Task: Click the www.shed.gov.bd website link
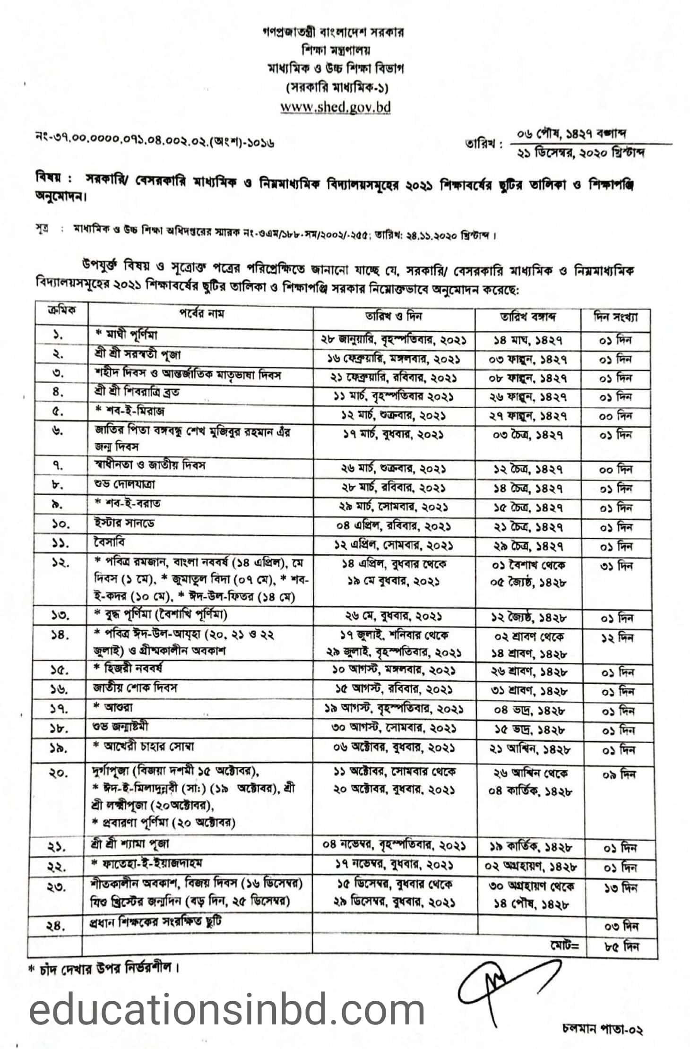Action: point(335,107)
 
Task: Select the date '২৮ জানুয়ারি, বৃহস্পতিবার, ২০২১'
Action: point(393,340)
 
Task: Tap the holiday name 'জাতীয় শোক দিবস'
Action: point(135,688)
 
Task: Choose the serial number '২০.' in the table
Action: point(59,774)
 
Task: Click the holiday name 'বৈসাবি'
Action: point(109,542)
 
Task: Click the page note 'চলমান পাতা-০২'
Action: point(602,1029)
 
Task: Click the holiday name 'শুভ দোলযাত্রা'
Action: point(124,484)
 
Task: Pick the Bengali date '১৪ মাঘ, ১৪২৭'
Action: point(528,340)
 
